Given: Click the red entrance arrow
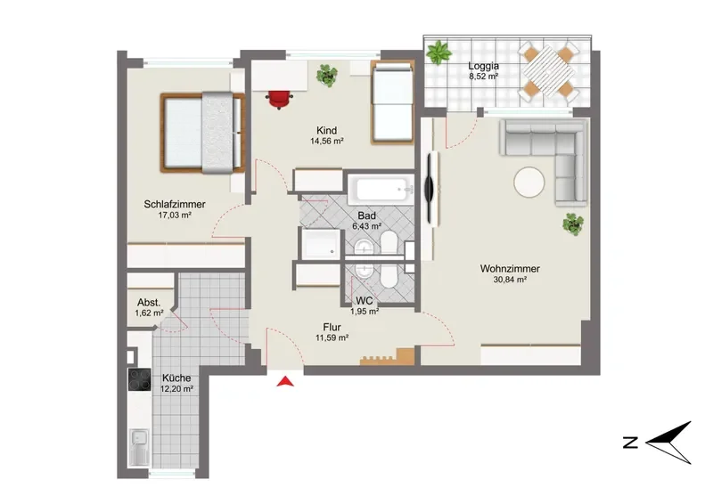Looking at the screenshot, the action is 285,381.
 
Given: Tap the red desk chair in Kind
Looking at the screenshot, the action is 279,99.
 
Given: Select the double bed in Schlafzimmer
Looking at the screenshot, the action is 203,133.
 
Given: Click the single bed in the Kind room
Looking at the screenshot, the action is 392,102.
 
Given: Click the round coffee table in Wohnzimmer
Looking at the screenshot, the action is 529,183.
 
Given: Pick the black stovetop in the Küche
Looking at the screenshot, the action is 140,379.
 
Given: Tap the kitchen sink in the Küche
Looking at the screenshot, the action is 139,448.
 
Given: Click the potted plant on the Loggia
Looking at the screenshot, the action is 439,52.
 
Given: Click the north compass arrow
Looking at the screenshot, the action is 668,443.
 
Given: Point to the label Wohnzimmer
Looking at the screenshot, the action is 510,269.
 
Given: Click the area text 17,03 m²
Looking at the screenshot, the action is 175,215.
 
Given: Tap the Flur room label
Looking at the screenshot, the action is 332,327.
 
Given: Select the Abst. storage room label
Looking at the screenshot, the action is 149,303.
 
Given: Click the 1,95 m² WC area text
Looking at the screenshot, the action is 365,312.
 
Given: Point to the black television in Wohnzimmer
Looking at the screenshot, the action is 429,188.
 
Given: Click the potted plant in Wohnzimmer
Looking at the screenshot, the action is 573,224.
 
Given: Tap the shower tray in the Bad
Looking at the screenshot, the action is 321,245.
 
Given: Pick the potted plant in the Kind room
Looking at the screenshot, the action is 327,75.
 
